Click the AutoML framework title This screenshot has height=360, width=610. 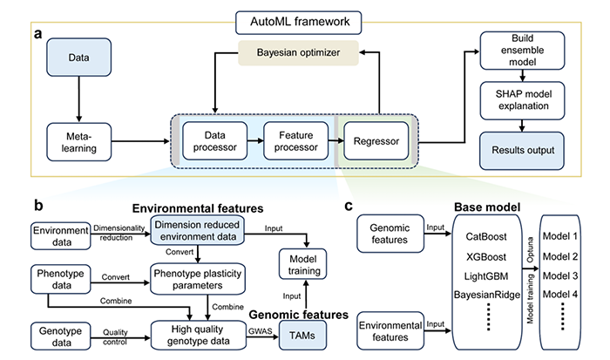click(x=304, y=18)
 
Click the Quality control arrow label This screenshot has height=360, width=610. click(x=121, y=333)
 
